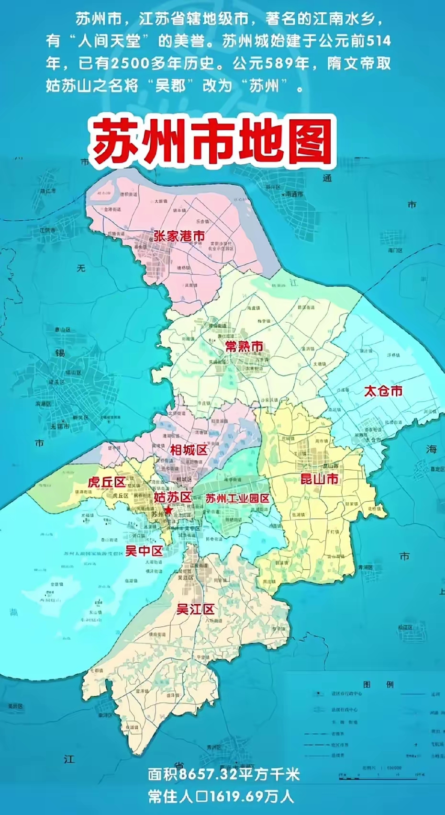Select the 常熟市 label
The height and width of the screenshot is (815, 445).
[x=244, y=346]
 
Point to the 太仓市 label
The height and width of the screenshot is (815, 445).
[x=383, y=391]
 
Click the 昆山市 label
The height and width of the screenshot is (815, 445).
[x=319, y=478]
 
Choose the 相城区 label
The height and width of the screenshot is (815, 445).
[x=189, y=449]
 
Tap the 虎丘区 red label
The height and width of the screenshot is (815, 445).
[x=106, y=482]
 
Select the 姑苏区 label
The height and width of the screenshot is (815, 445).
[x=172, y=497]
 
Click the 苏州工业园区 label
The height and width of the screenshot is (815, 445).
[x=237, y=498]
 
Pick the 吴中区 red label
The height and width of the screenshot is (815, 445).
[x=144, y=551]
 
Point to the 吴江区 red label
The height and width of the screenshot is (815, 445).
[x=195, y=610]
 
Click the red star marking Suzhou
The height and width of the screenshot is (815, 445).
[x=168, y=510]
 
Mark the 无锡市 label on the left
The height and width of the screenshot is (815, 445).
[x=60, y=426]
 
